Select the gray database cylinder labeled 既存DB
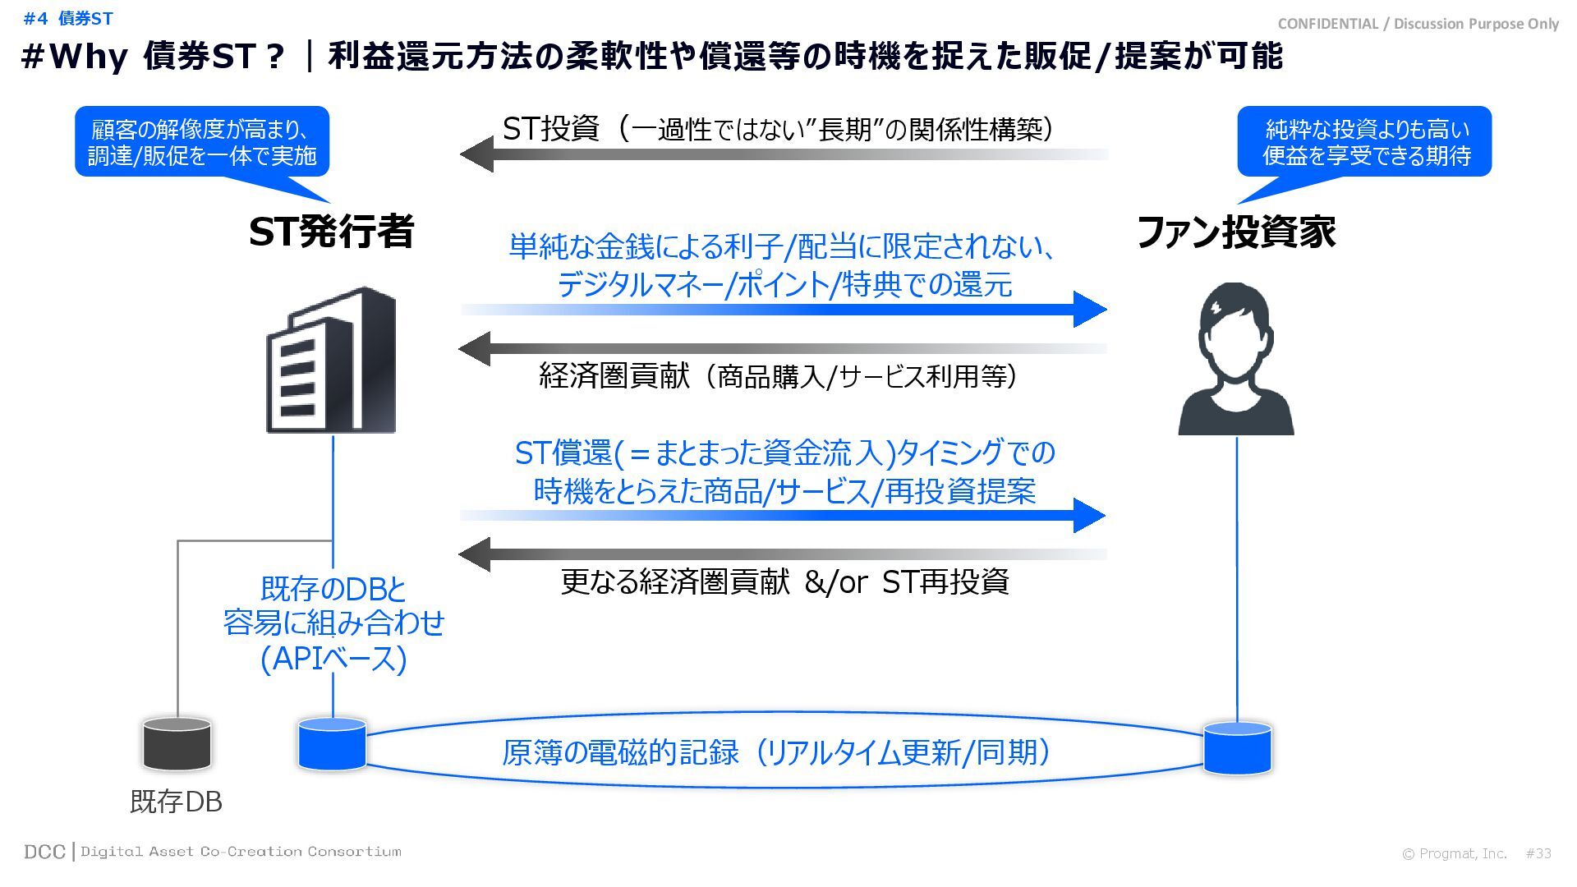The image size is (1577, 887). tap(177, 744)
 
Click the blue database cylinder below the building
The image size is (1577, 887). tap(332, 744)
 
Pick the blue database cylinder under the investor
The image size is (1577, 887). tap(1237, 748)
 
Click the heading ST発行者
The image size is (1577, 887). tap(331, 232)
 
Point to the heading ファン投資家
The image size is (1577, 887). tap(1236, 232)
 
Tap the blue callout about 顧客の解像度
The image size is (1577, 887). tap(202, 142)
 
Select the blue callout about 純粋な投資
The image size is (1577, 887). tap(1364, 142)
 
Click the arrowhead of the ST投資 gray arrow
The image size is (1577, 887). tap(477, 154)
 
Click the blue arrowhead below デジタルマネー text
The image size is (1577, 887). tap(1089, 309)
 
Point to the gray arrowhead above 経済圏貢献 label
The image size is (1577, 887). tap(476, 349)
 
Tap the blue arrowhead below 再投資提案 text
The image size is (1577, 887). tap(1089, 515)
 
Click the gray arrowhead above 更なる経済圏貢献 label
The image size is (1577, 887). tap(476, 554)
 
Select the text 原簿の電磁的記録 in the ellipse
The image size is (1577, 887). tap(621, 752)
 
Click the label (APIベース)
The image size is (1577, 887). tap(333, 660)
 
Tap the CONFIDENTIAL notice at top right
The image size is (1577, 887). tap(1418, 24)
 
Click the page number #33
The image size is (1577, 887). tap(1538, 853)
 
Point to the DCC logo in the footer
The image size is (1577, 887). tap(44, 852)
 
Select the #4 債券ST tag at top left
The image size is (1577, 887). tap(68, 18)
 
